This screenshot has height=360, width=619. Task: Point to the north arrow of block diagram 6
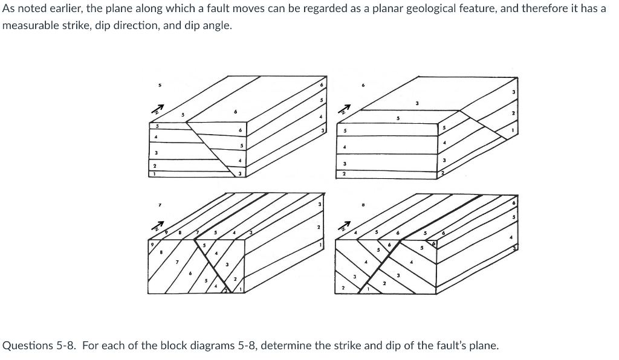345,110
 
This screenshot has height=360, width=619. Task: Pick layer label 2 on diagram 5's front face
154,165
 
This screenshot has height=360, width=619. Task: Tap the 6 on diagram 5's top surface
235,112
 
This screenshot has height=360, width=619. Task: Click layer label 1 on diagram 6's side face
513,129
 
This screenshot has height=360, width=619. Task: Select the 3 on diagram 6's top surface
417,104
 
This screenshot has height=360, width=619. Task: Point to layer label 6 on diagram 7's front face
191,274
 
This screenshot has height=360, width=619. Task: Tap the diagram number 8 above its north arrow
363,205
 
